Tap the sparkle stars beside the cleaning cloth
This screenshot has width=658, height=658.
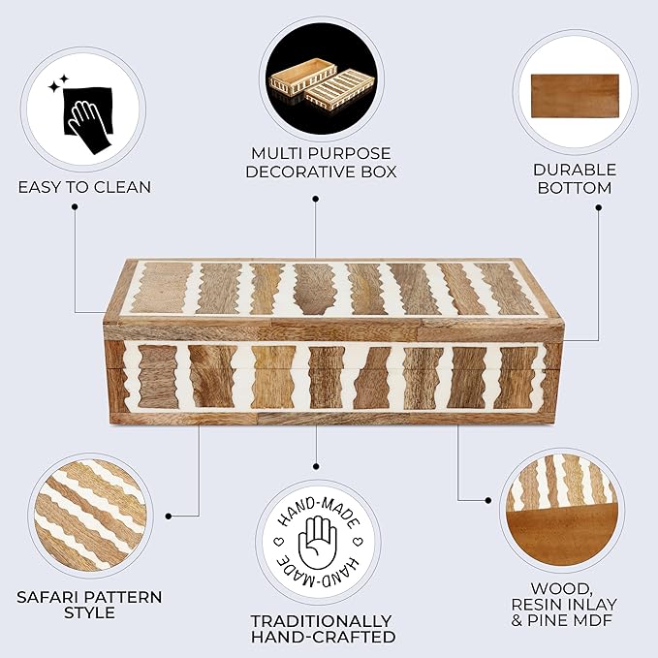[58, 83]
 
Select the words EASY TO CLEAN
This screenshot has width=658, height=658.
[84, 187]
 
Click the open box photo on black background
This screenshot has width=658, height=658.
[321, 78]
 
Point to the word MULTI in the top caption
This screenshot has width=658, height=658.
[274, 153]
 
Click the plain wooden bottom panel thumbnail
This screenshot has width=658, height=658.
[575, 96]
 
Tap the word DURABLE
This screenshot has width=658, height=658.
[575, 170]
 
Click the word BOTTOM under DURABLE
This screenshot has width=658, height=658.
[575, 188]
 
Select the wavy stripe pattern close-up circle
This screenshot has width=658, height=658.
[90, 515]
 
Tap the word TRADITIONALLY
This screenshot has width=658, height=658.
[321, 621]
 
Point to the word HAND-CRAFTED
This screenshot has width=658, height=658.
[323, 637]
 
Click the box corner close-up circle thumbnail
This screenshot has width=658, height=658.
[562, 511]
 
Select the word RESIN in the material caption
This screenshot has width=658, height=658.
[537, 605]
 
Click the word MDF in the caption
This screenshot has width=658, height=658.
[595, 620]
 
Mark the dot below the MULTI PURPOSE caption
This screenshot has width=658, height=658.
[316, 199]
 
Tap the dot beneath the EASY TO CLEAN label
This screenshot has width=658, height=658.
[75, 206]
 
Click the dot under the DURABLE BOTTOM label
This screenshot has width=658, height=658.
[599, 207]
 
